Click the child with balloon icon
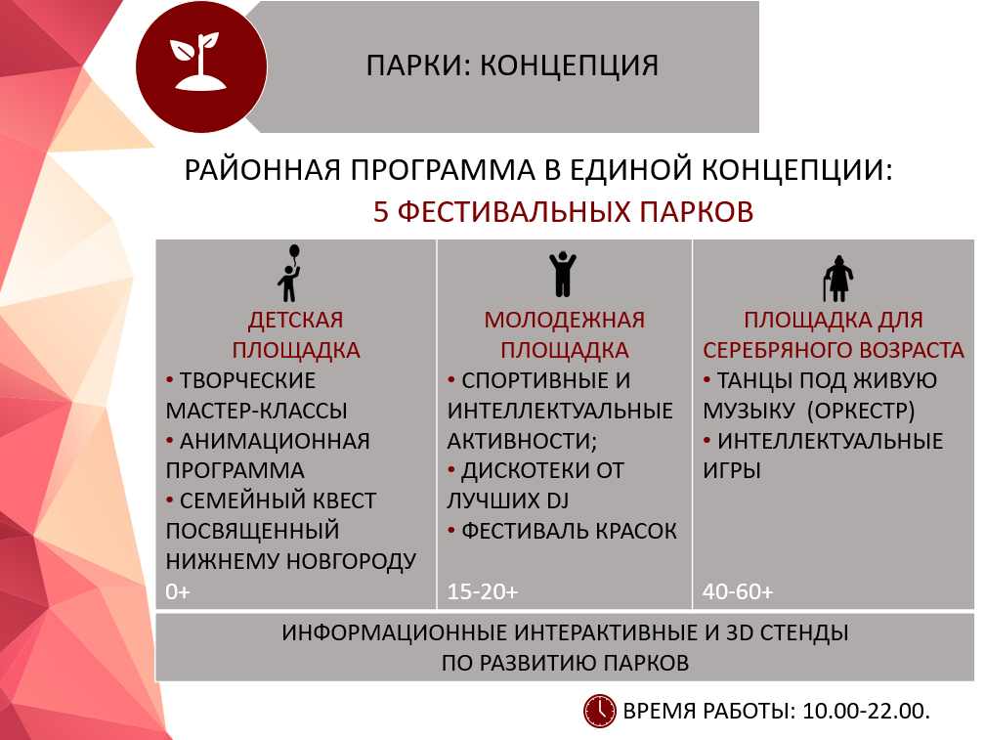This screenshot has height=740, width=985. click(290, 274)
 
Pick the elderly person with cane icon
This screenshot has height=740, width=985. click(838, 277)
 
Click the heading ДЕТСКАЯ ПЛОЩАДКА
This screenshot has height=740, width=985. click(295, 335)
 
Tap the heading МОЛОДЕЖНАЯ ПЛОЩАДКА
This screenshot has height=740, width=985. click(564, 335)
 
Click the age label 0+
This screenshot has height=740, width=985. click(179, 591)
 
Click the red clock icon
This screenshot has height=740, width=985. click(599, 711)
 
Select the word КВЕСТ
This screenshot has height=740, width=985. click(338, 501)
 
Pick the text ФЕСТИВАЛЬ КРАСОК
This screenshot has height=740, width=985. click(569, 531)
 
